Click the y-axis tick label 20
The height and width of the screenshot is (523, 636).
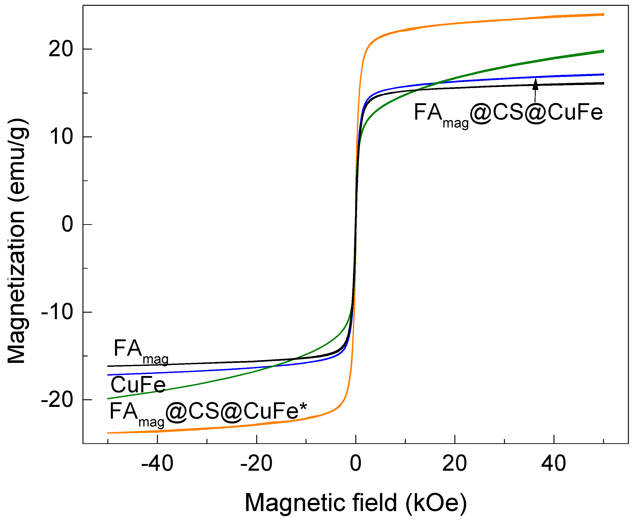[x=61, y=49]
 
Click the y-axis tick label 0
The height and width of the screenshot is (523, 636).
[x=67, y=224]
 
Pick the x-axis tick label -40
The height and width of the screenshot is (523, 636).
[x=157, y=463]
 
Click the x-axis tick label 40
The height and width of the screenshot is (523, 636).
[x=554, y=463]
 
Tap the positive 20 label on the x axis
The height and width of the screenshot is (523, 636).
[x=454, y=463]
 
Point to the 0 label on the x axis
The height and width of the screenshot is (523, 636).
[x=356, y=463]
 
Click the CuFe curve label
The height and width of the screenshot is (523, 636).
[x=138, y=385]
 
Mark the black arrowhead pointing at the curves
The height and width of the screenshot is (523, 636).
[x=535, y=84]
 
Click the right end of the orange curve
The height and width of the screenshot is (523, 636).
[x=603, y=14]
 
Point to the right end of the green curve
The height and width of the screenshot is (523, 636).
[x=603, y=51]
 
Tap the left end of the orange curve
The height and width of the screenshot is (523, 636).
[x=108, y=433]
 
